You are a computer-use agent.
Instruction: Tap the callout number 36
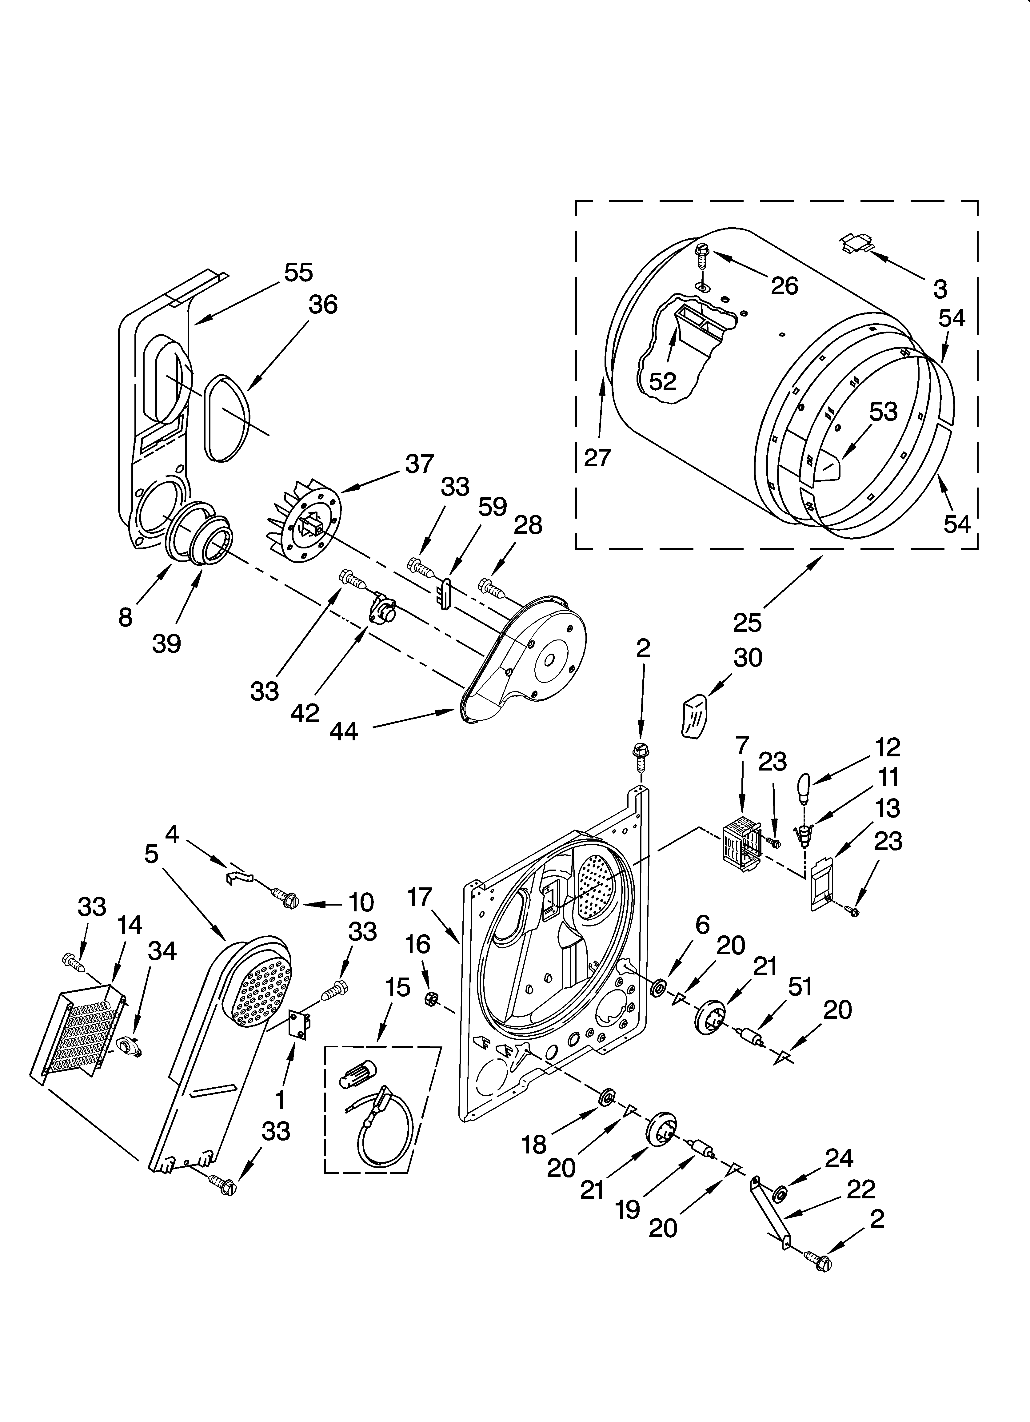click(x=323, y=305)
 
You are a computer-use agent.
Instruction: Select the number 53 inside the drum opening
click(x=883, y=412)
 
